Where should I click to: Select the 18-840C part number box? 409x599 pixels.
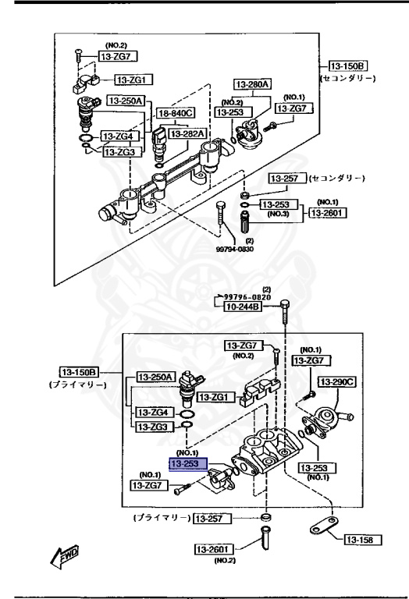click(176, 114)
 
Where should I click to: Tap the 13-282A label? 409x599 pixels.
click(188, 133)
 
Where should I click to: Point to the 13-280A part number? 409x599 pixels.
click(252, 83)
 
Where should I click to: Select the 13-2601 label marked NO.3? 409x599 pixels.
click(329, 211)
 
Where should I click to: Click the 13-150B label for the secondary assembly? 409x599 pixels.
click(347, 67)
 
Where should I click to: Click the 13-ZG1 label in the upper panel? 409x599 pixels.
click(134, 79)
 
